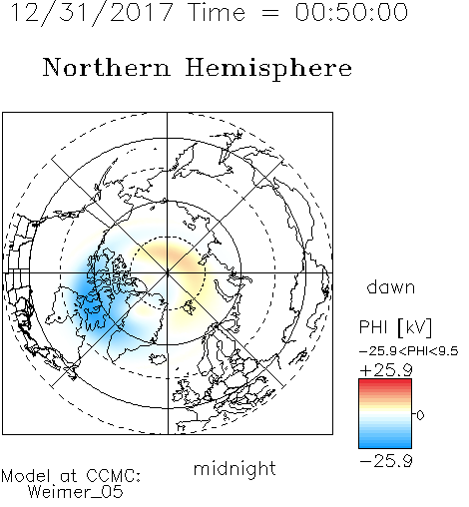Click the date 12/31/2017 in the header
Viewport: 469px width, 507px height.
click(92, 13)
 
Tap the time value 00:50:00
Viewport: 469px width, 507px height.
click(351, 12)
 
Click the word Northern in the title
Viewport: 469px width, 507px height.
click(107, 68)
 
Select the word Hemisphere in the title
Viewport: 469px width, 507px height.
click(268, 69)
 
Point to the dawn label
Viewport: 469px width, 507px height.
click(391, 286)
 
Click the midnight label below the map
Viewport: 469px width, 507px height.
click(234, 468)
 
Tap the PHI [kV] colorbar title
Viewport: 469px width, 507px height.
click(395, 327)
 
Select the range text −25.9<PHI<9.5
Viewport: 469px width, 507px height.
click(409, 351)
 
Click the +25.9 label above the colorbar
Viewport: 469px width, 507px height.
click(386, 370)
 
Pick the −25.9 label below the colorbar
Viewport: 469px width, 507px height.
click(386, 461)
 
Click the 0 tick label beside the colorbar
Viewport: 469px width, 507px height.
click(420, 415)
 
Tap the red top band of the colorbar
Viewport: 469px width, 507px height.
click(385, 383)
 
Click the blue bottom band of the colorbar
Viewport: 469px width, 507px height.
click(385, 444)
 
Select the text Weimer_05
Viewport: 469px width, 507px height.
click(76, 492)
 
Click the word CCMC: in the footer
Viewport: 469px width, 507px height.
click(114, 476)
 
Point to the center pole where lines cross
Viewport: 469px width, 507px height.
click(168, 273)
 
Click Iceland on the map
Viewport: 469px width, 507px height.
click(159, 358)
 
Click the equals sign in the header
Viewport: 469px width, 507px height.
click(270, 13)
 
